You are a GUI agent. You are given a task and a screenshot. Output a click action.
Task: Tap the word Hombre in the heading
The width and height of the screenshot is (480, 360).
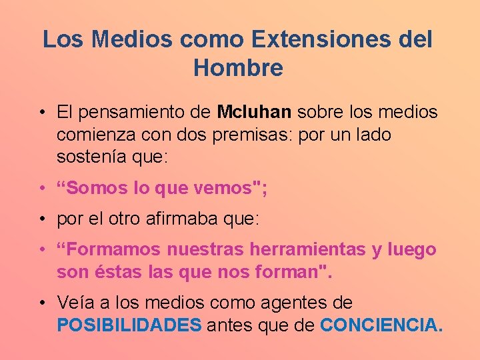(238, 68)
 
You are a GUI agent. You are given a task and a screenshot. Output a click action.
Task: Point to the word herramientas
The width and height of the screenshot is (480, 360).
(305, 250)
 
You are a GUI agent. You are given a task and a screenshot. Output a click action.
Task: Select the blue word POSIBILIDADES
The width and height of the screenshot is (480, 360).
(129, 325)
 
